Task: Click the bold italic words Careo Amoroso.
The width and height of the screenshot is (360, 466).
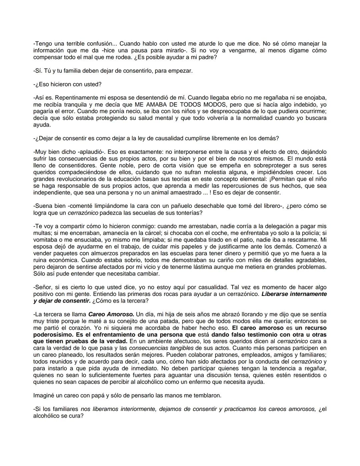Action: click(111, 314)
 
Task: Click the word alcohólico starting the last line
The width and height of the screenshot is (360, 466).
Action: click(46, 416)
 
